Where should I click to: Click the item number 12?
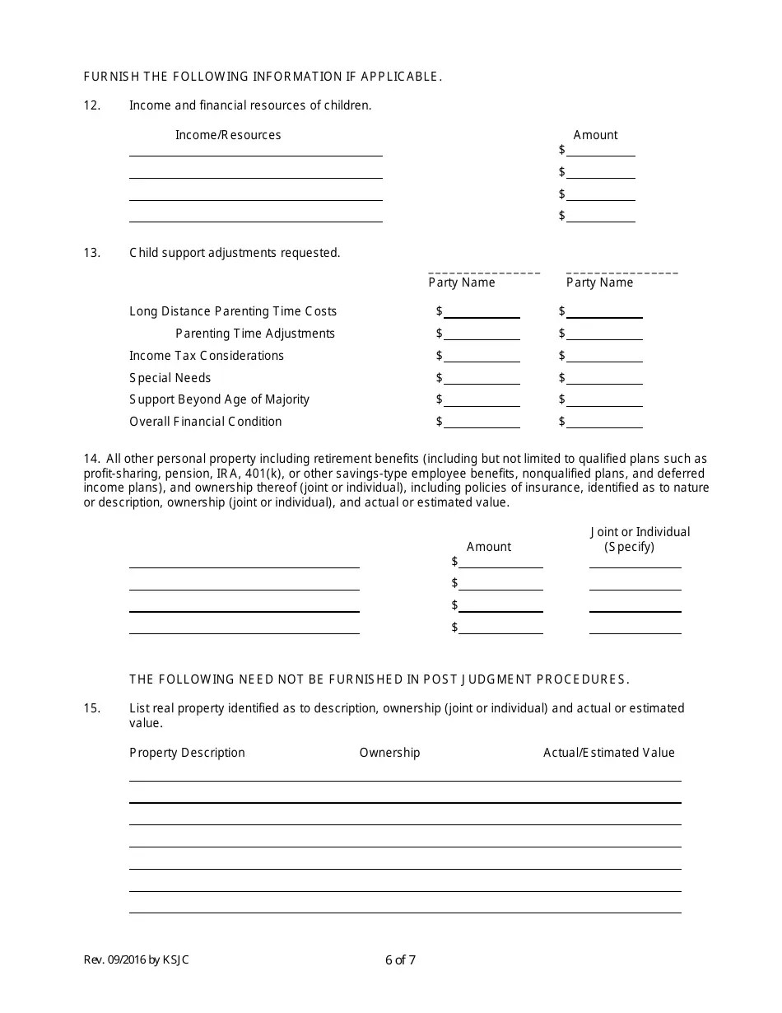tap(91, 105)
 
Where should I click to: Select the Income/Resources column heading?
tap(228, 135)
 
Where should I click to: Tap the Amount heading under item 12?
tap(595, 135)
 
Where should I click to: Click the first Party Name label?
tap(462, 282)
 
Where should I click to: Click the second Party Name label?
tap(599, 282)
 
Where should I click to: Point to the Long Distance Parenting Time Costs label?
tap(233, 311)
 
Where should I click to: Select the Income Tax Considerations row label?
tap(207, 356)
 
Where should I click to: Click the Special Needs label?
tap(170, 378)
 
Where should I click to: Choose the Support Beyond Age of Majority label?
tap(219, 399)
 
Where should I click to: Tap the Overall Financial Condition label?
tap(205, 422)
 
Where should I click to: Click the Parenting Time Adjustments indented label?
tap(255, 334)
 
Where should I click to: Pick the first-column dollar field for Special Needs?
tap(482, 378)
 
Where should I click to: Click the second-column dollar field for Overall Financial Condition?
tap(604, 422)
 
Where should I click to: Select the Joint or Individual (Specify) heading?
tap(640, 539)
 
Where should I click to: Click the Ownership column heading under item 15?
tap(389, 753)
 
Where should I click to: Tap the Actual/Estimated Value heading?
tap(608, 753)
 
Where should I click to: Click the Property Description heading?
tap(187, 753)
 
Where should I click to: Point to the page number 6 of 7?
tap(400, 959)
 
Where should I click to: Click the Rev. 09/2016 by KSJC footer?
tap(136, 959)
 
